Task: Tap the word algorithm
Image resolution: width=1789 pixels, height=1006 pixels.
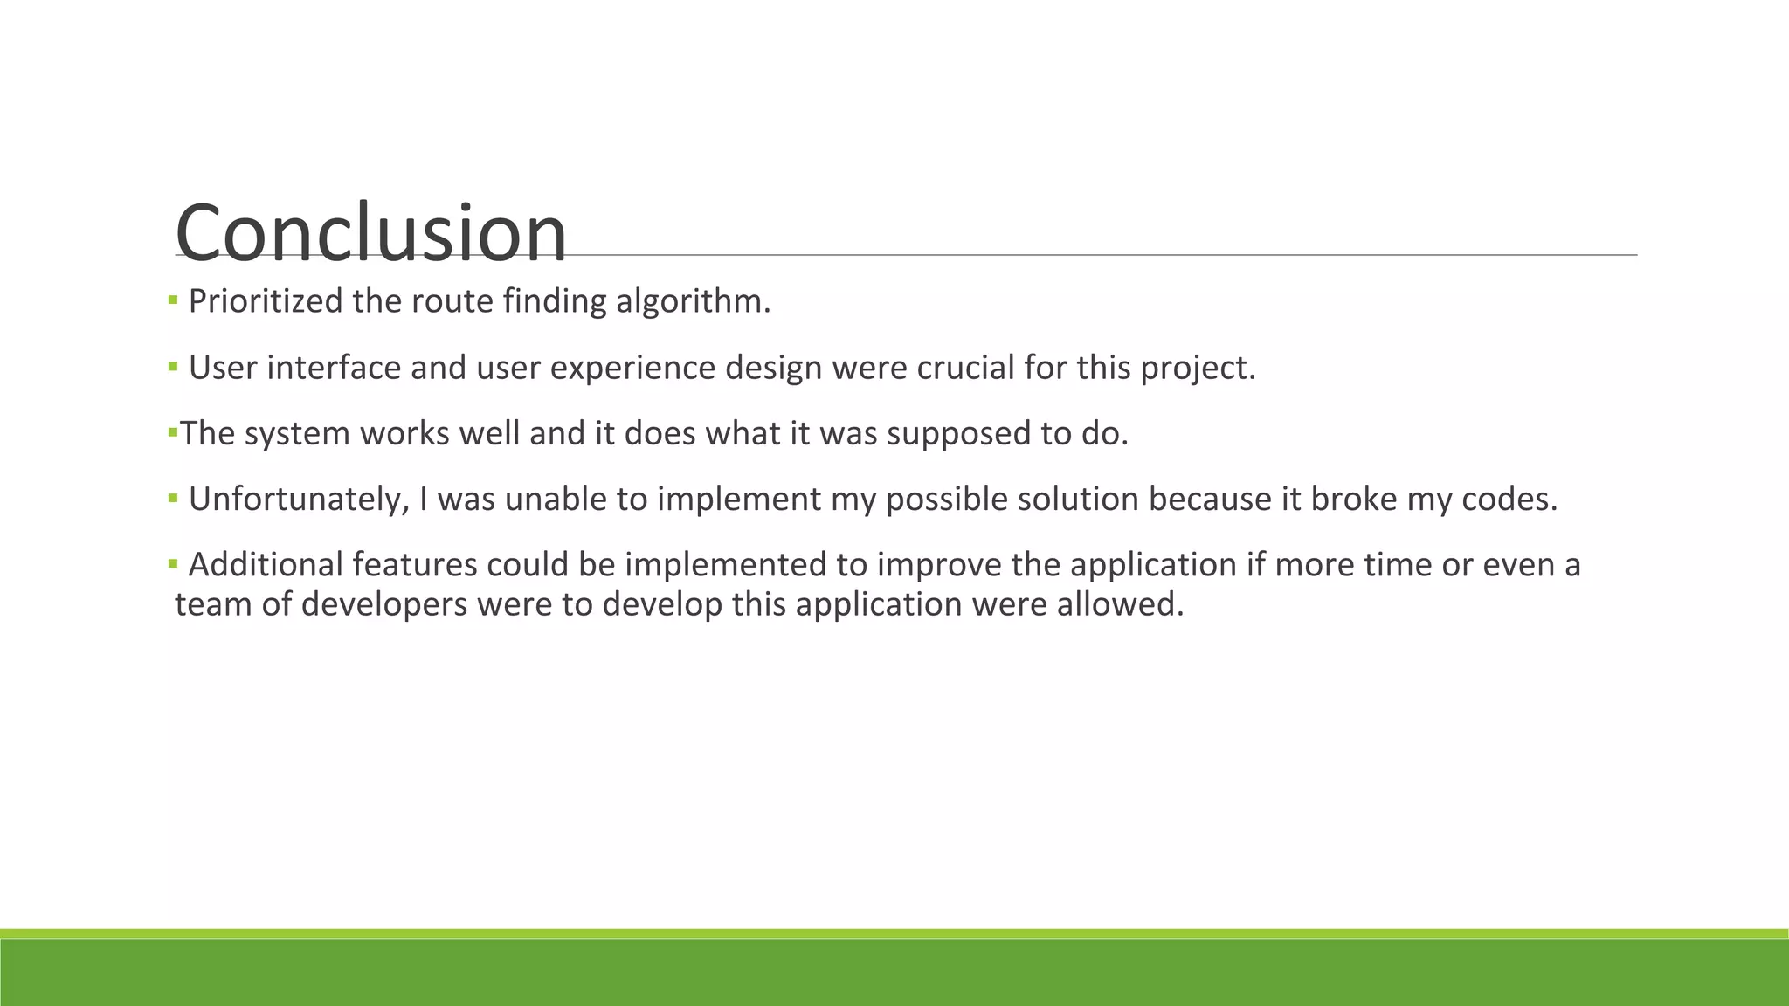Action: (x=693, y=301)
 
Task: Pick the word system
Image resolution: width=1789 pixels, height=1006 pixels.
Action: (x=297, y=433)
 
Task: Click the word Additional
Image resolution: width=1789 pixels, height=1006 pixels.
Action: (x=266, y=564)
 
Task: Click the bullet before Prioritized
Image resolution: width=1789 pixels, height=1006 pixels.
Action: (x=173, y=300)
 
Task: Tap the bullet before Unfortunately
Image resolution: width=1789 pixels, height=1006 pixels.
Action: (x=173, y=498)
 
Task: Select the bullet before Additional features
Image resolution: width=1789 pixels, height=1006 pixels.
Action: (x=173, y=563)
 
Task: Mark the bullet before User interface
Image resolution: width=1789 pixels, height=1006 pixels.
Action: (x=173, y=367)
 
